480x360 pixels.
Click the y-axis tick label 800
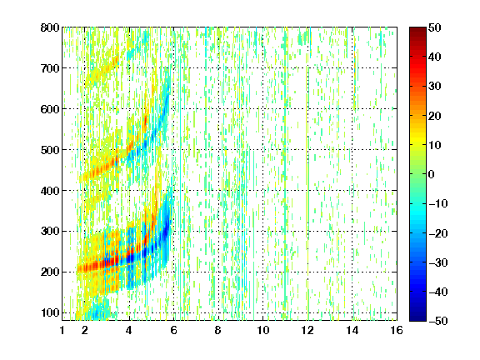(50, 27)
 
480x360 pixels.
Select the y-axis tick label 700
(50, 68)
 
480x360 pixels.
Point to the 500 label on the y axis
(50, 150)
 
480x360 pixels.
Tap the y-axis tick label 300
(50, 232)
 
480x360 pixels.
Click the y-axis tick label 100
(50, 312)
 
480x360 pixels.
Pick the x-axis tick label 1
(62, 330)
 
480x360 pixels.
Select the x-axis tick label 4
(129, 330)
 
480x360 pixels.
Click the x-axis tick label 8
(218, 330)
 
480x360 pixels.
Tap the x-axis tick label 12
(307, 330)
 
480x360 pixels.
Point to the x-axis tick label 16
(397, 330)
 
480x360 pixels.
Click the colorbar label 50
(434, 27)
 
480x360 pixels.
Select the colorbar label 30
(434, 87)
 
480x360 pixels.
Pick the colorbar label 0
(432, 174)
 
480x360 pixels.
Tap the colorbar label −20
(438, 233)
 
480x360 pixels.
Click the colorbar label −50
(438, 321)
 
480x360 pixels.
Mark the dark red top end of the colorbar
(417, 30)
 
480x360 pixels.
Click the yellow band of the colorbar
(417, 139)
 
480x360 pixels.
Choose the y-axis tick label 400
(50, 191)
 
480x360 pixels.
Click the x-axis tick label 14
(352, 330)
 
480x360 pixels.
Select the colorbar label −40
(438, 292)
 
